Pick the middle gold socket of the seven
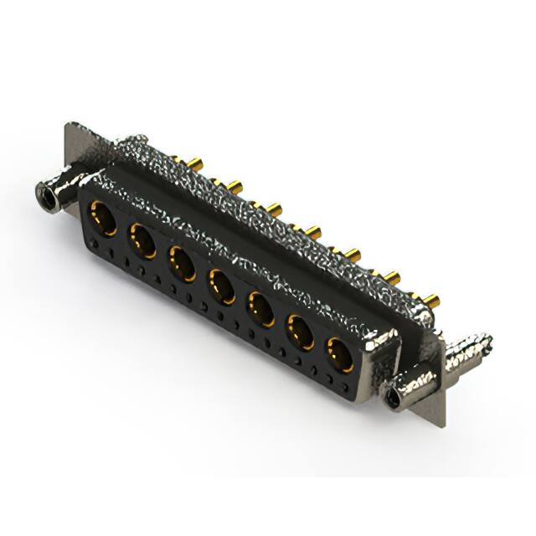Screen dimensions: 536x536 tap(222, 286)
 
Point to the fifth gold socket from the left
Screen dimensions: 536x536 tap(261, 309)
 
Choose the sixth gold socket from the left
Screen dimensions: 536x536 tap(301, 332)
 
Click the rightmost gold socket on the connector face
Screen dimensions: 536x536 tap(339, 353)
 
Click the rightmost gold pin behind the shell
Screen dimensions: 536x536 tap(433, 300)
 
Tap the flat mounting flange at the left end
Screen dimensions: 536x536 tap(74, 151)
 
